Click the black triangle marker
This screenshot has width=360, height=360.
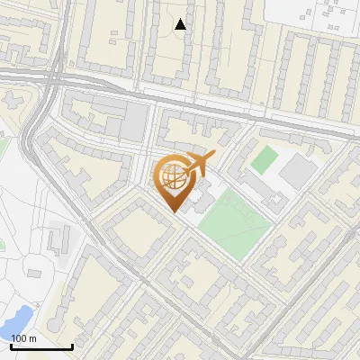181,24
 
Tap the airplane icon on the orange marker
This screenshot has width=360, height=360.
197,165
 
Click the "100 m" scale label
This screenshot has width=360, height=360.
23,337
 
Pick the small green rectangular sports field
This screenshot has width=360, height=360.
264,160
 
